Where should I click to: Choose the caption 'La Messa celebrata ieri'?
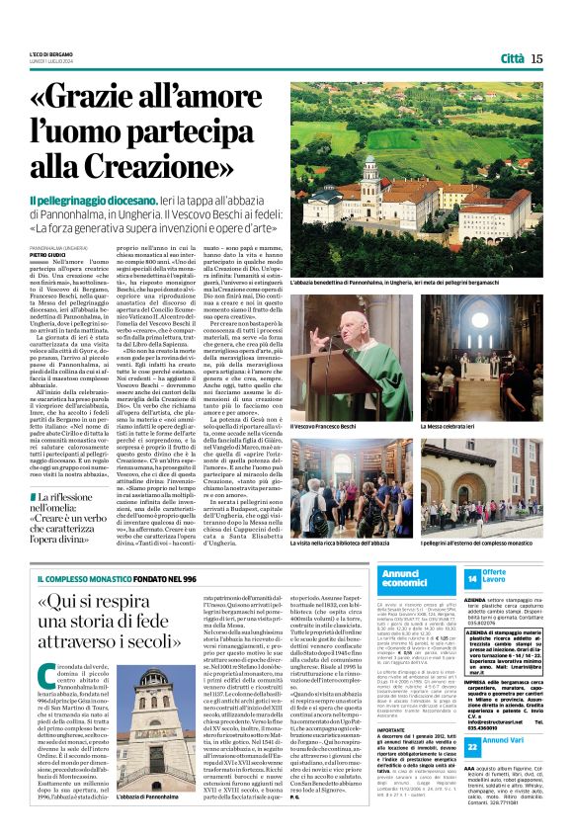451,398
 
